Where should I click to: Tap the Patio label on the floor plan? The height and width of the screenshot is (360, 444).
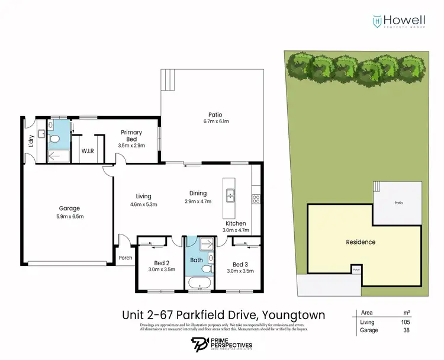[x=214, y=115]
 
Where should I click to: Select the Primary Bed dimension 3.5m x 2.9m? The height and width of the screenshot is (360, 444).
[x=131, y=145]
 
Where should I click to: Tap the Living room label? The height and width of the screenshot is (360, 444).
[x=143, y=197]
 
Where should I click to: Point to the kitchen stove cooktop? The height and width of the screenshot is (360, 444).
[x=256, y=199]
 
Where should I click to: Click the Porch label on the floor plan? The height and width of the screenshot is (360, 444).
[x=125, y=258]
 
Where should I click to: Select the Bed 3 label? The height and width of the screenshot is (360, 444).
[x=239, y=264]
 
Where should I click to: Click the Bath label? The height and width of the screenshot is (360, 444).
[x=196, y=260]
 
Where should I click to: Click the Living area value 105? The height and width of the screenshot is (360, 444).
[x=405, y=322]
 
